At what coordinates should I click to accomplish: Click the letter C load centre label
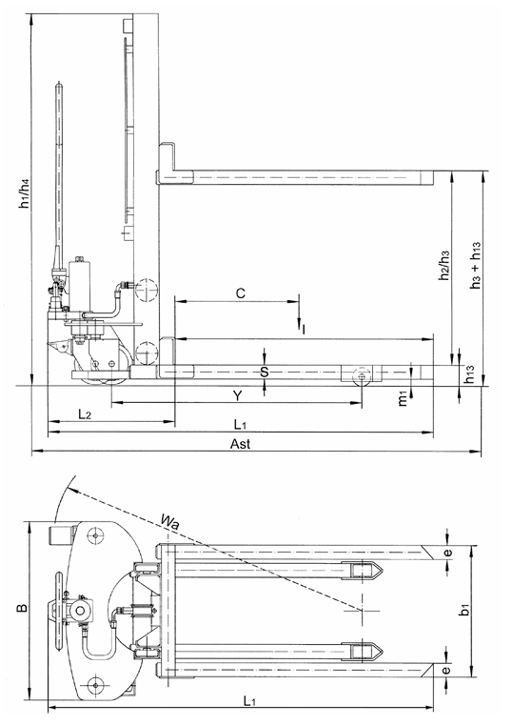241,293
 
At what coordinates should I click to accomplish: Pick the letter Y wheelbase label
236,393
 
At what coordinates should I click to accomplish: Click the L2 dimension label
84,415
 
